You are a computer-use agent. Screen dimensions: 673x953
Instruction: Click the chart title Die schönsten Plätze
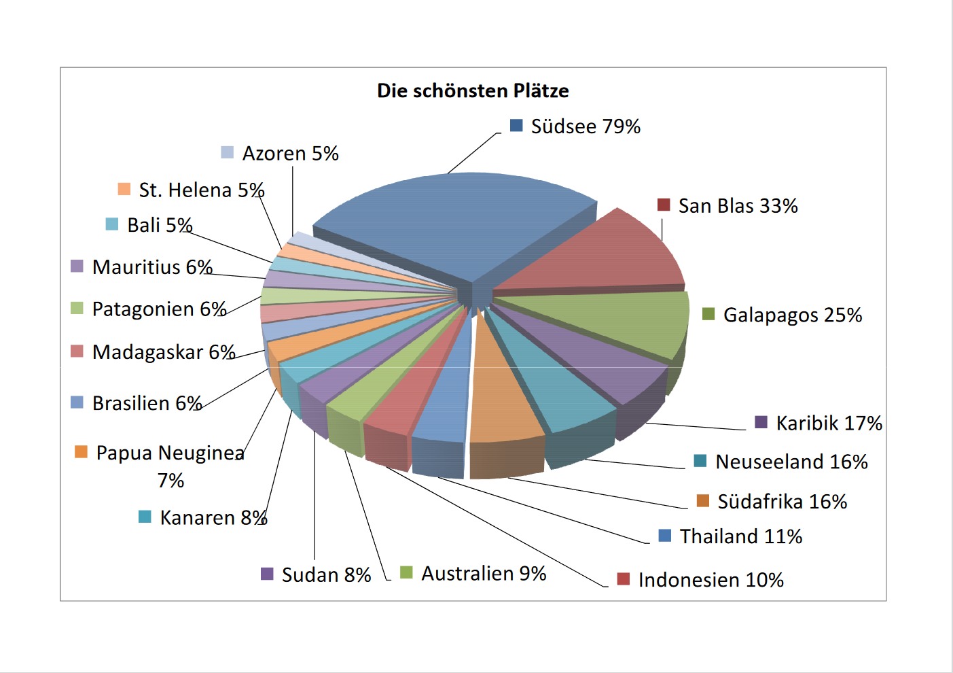473,90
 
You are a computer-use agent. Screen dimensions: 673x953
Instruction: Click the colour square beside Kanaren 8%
145,517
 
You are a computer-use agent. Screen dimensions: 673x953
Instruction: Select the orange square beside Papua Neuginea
81,452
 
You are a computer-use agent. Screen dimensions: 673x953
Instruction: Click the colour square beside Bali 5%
112,224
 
